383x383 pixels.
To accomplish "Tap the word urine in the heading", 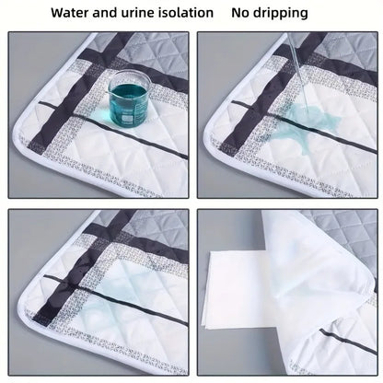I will coord(157,14).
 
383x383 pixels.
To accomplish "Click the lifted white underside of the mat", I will coord(313,285).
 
